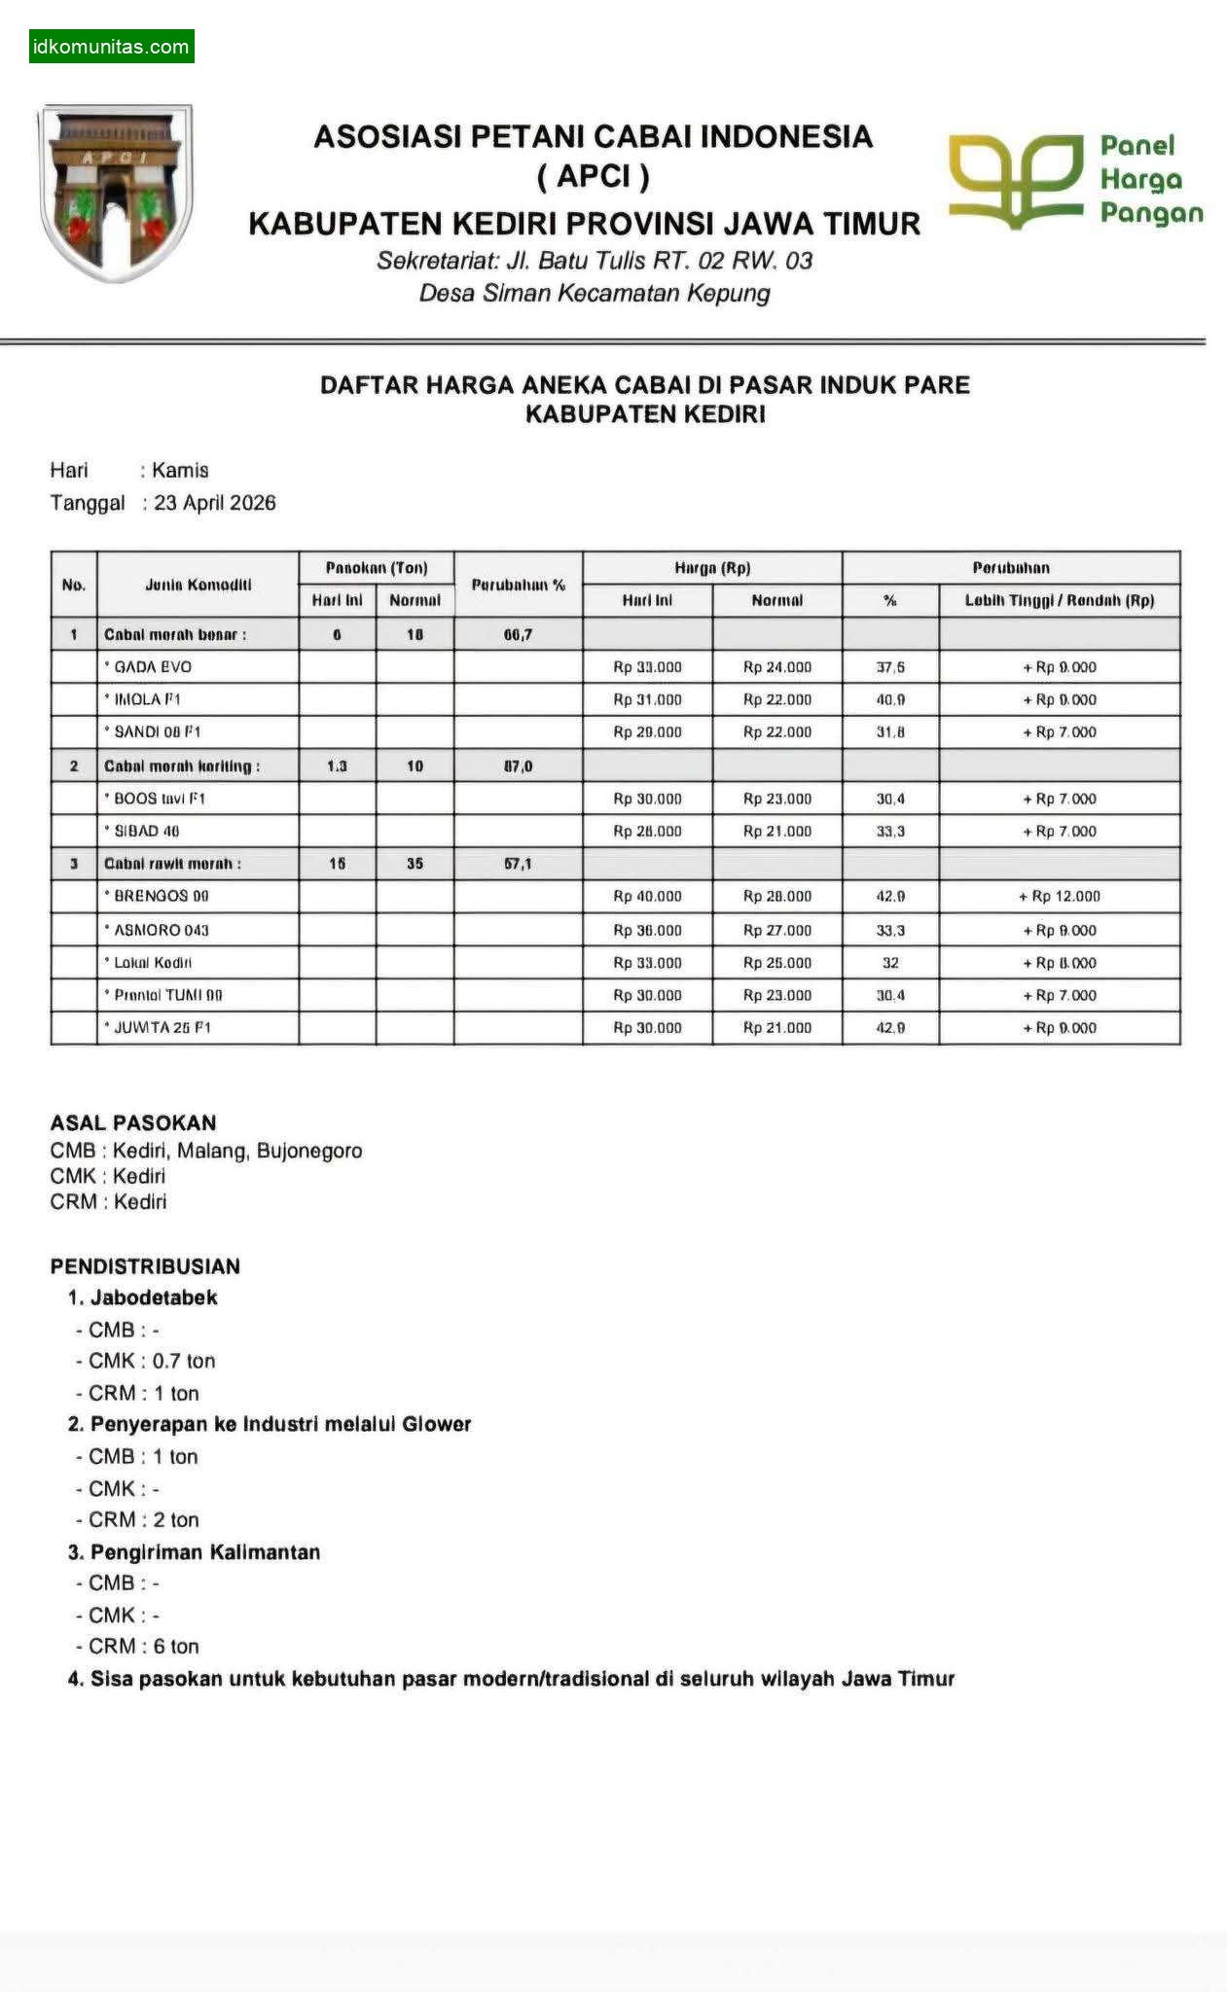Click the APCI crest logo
click(114, 194)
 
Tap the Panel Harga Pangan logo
click(1075, 181)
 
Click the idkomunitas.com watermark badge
click(111, 47)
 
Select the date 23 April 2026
click(214, 503)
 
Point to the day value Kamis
click(180, 471)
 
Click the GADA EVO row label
click(153, 667)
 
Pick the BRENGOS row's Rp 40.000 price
click(647, 896)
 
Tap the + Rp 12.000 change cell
click(1059, 896)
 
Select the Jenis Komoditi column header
click(198, 585)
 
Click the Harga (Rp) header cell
click(712, 568)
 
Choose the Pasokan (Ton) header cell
click(376, 568)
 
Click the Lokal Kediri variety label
click(153, 963)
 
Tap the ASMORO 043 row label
click(162, 930)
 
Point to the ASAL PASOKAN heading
click(133, 1122)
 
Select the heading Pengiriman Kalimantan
click(204, 1552)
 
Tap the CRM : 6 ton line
click(143, 1647)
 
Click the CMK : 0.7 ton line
click(151, 1361)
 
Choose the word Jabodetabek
click(154, 1298)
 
